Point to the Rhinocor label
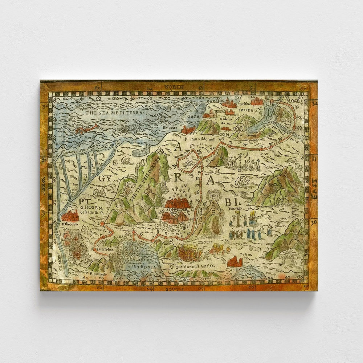(x=170, y=127)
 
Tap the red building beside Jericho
(x=257, y=101)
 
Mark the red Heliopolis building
(x=70, y=216)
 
